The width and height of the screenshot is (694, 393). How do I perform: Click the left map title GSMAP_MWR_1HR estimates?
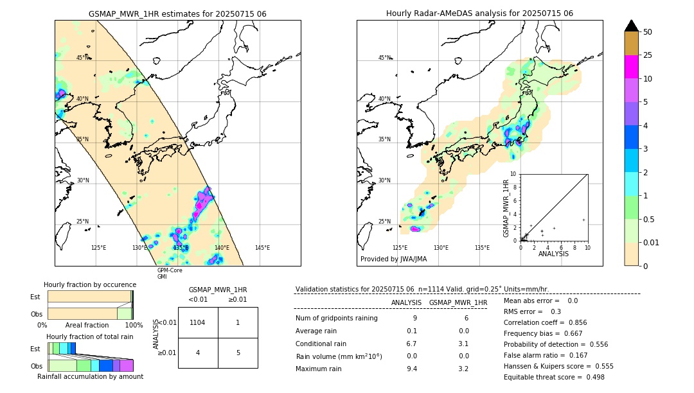pos(177,13)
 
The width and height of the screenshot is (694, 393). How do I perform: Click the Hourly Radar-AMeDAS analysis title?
pos(479,13)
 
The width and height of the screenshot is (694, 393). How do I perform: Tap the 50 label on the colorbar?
pos(648,32)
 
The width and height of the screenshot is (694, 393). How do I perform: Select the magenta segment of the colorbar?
pos(631,67)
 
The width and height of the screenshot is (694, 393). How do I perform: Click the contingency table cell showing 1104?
pos(198,322)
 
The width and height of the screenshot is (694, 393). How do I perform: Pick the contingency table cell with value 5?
pos(238,353)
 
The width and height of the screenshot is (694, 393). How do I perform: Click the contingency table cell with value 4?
pos(198,353)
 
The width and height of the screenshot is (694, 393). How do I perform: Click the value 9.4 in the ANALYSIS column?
pos(412,369)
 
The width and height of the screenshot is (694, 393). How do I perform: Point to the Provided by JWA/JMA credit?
pos(393,259)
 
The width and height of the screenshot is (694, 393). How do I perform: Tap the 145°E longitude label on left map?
pos(262,248)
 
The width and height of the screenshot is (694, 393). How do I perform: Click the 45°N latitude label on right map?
pos(384,58)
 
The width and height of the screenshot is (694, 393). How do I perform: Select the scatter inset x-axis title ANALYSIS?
pos(553,254)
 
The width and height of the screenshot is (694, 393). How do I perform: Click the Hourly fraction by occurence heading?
pos(90,284)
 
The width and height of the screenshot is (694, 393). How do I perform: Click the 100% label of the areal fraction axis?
pos(134,325)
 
